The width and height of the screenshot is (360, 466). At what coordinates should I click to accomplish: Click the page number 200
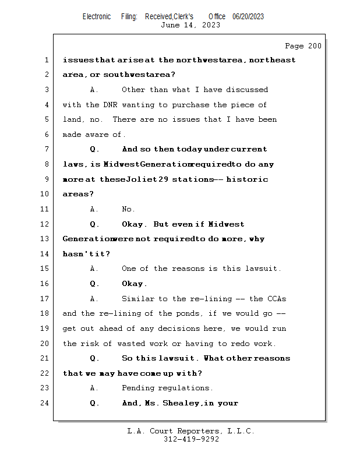click(314, 46)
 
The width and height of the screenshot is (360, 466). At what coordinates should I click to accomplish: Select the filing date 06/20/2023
click(248, 16)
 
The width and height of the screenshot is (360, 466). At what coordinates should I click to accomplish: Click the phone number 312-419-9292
click(191, 439)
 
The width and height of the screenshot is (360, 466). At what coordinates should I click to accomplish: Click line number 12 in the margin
click(46, 224)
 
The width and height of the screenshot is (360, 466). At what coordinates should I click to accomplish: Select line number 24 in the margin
click(46, 403)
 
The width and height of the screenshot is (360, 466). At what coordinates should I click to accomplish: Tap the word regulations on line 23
click(186, 388)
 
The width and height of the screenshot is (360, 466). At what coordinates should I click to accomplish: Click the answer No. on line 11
click(128, 209)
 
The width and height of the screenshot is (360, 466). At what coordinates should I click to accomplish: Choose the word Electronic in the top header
click(97, 16)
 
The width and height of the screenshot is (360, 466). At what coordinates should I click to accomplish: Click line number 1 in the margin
click(46, 60)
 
